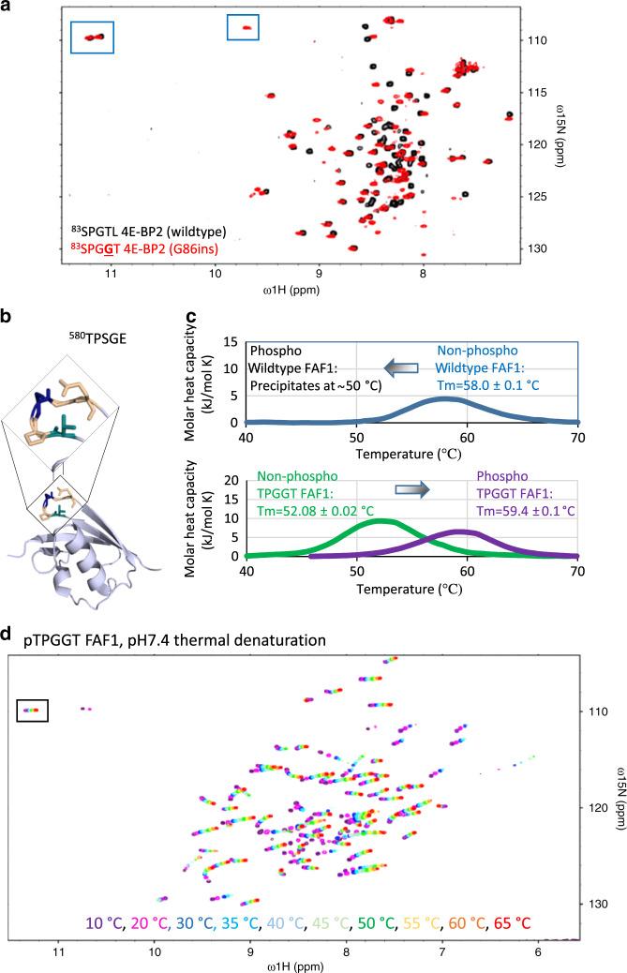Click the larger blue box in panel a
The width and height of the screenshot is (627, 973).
point(93,37)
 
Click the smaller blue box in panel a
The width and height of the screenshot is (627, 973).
point(243,28)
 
